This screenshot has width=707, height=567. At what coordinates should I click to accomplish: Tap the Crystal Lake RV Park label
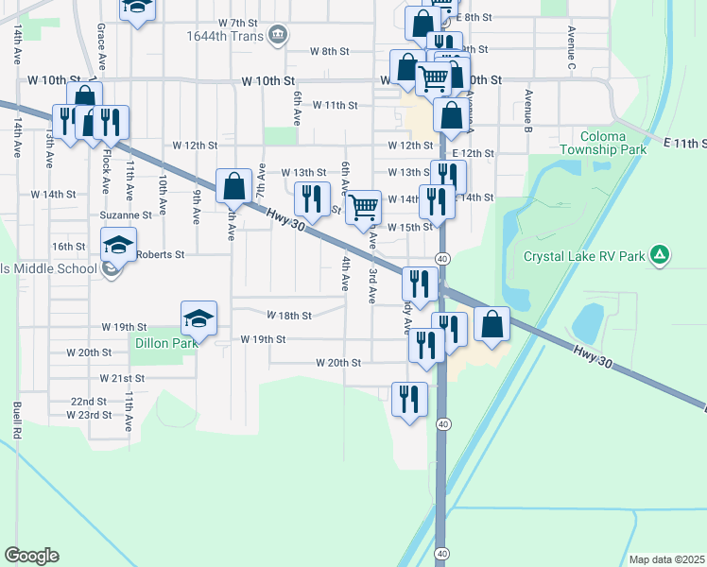click(x=585, y=256)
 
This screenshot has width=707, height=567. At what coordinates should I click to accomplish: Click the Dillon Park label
click(x=165, y=343)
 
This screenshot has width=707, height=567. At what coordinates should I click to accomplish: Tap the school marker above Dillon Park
click(x=199, y=320)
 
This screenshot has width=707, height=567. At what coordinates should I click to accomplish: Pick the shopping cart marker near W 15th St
click(x=364, y=207)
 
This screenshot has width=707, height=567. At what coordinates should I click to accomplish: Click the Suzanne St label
click(x=120, y=215)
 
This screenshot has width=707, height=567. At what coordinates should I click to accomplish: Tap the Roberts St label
click(x=160, y=254)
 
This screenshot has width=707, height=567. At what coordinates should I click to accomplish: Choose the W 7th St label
click(x=236, y=22)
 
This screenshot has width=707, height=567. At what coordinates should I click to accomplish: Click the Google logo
click(x=31, y=556)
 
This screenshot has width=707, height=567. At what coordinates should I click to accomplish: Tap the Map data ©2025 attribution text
click(x=667, y=559)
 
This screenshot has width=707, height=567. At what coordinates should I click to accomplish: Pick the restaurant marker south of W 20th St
click(x=409, y=399)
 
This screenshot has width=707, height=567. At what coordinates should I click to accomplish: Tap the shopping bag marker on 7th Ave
click(x=233, y=186)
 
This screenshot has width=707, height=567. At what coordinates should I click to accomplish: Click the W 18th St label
click(x=288, y=315)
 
